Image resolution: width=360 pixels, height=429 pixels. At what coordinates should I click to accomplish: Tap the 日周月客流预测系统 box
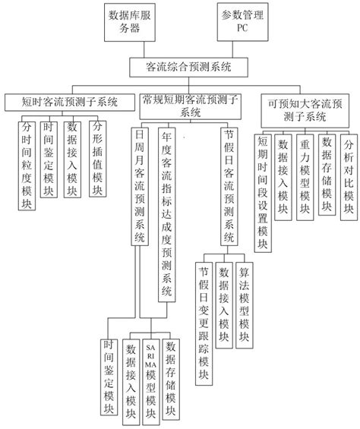pyautogui.click(x=139, y=187)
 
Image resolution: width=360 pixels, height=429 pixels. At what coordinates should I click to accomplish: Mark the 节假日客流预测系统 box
pyautogui.click(x=228, y=187)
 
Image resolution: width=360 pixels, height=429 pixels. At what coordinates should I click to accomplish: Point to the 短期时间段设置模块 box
pyautogui.click(x=262, y=185)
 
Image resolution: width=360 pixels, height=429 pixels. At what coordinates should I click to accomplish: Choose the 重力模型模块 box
pyautogui.click(x=305, y=170)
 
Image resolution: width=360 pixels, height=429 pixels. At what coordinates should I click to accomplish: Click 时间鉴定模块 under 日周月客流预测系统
pyautogui.click(x=109, y=377)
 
